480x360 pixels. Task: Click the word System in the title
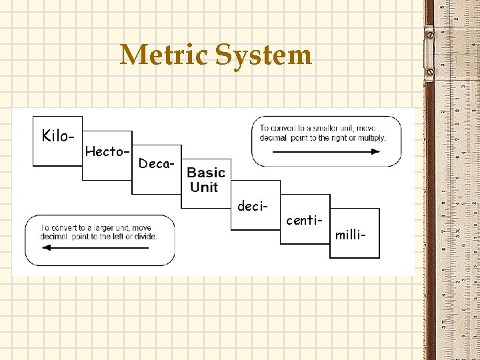pyautogui.click(x=263, y=57)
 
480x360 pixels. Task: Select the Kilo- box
pyautogui.click(x=57, y=141)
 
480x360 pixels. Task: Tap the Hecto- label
pyautogui.click(x=107, y=151)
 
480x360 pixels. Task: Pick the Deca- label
pyautogui.click(x=156, y=163)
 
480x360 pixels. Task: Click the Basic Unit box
pyautogui.click(x=206, y=183)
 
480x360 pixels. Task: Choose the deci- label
pyautogui.click(x=253, y=206)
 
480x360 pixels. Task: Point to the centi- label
pyautogui.click(x=304, y=220)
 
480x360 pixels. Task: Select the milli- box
pyautogui.click(x=355, y=233)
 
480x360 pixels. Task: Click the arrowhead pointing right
pyautogui.click(x=375, y=151)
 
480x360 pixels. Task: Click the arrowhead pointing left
pyautogui.click(x=47, y=247)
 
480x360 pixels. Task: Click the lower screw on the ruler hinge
pyautogui.click(x=430, y=72)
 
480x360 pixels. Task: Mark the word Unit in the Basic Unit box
pyautogui.click(x=204, y=187)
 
